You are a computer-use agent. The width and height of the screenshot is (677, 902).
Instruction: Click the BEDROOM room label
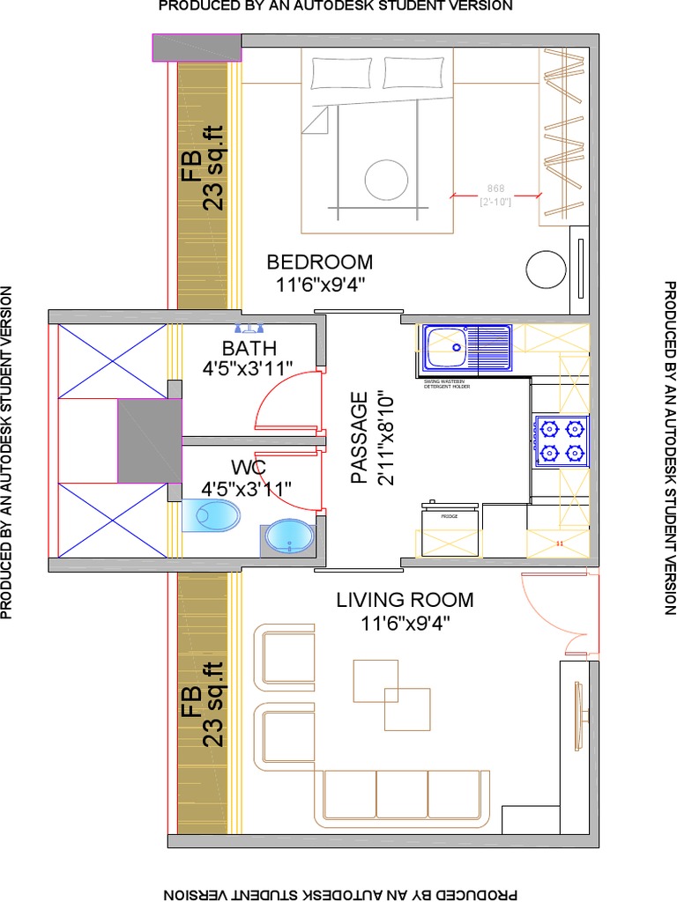(319, 262)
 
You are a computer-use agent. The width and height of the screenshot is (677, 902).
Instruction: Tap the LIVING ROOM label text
(405, 600)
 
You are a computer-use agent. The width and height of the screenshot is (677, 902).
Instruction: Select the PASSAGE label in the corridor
(359, 438)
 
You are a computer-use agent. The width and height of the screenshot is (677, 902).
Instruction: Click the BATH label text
(249, 348)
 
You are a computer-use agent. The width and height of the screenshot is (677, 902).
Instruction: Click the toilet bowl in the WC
(212, 516)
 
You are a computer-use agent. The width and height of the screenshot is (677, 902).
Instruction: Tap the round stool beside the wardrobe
(547, 270)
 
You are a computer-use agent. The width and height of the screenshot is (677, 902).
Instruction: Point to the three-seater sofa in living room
(402, 795)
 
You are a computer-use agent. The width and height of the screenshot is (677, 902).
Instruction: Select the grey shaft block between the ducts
(149, 440)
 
